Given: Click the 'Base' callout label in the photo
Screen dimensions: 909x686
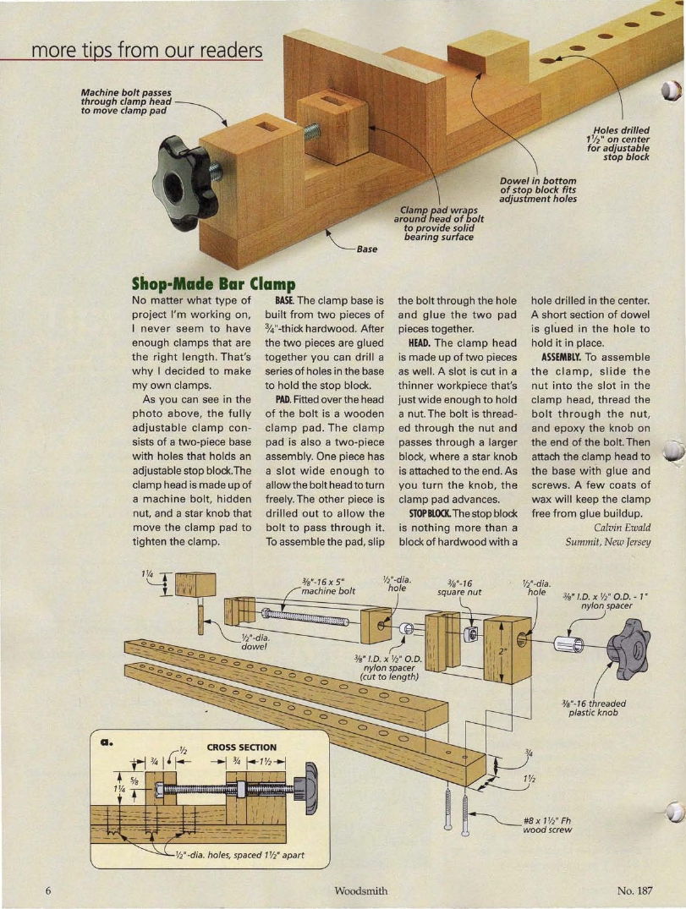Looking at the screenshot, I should tap(366, 249).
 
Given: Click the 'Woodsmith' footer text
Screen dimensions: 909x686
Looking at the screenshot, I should tap(361, 890).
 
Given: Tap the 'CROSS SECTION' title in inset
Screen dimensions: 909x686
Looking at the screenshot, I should tap(243, 747).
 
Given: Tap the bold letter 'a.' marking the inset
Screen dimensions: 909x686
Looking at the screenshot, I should tap(107, 741).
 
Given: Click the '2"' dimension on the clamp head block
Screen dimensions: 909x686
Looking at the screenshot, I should tap(502, 651).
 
